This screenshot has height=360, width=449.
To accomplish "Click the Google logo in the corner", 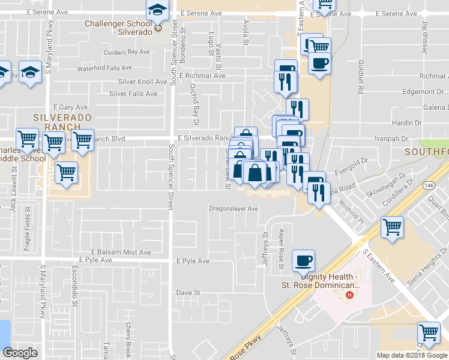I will tap(20, 352).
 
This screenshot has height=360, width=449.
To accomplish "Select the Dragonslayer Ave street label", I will tap(233, 209).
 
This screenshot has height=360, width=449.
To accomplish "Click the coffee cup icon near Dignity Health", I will tap(303, 260).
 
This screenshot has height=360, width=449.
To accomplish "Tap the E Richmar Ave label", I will tap(202, 76).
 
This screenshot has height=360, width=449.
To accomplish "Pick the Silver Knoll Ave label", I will tap(142, 82).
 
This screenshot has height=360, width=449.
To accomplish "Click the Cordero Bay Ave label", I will tap(126, 52).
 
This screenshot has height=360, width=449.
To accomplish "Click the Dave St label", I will tap(187, 292).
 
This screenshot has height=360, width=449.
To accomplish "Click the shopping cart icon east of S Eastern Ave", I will tap(392, 227).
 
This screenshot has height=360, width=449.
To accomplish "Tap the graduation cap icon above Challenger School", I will tap(157, 10).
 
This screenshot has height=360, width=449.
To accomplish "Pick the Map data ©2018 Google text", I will tap(412, 355).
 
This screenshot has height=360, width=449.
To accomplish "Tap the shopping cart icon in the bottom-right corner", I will tap(429, 333).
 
